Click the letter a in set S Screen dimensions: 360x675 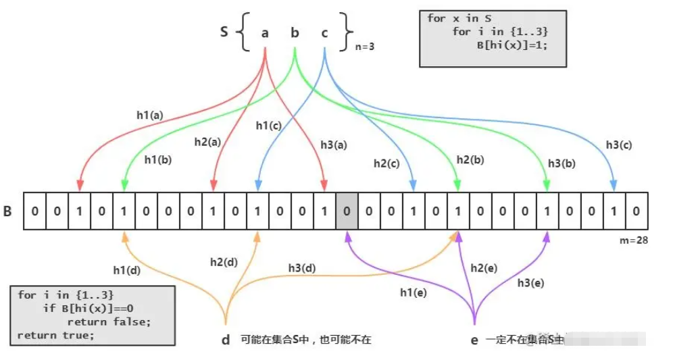264,32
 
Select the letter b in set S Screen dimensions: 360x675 295,32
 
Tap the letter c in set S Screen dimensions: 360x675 324,32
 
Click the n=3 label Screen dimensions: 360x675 366,47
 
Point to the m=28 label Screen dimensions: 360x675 634,240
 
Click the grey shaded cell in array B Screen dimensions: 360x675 347,211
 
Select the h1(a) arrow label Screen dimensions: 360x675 149,115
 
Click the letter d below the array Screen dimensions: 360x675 226,340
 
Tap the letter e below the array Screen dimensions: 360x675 474,340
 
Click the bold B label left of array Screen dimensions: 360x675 8,211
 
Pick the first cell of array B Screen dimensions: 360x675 34,211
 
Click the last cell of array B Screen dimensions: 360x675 636,211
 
